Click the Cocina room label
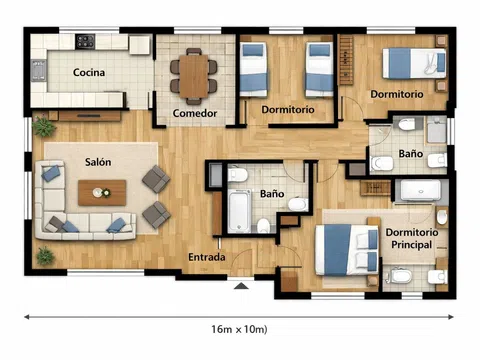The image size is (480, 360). click(x=89, y=72)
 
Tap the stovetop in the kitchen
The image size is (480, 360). click(x=85, y=42)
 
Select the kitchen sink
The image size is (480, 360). click(x=39, y=70)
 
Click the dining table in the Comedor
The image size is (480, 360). click(x=194, y=76)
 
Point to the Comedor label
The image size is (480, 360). click(x=195, y=113)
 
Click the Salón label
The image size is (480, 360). click(x=98, y=162)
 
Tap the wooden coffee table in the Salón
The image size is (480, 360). click(x=102, y=193)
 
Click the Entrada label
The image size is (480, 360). click(x=207, y=257)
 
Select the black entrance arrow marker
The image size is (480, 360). click(x=241, y=286)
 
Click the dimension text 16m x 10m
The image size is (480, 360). click(x=239, y=329)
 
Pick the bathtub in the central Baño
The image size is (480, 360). click(x=239, y=211)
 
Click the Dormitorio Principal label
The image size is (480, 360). click(x=412, y=238)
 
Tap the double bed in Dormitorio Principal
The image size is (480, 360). click(x=347, y=250)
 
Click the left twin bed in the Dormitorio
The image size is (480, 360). click(x=254, y=69)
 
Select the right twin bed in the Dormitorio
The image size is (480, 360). click(x=319, y=69)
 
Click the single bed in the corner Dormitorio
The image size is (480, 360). click(x=414, y=63)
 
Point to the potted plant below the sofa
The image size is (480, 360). click(x=45, y=256)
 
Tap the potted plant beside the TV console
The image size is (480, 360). click(x=44, y=126)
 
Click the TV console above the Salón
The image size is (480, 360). click(x=89, y=116)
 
